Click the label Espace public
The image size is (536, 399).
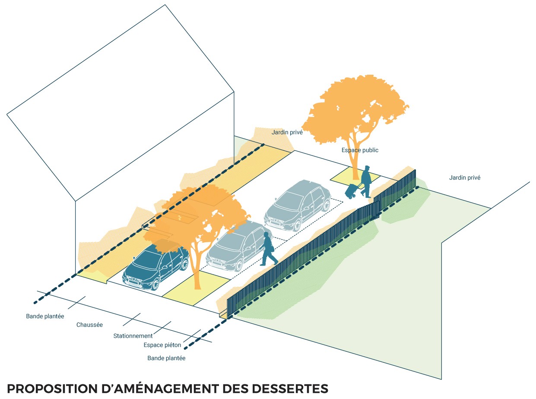click(x=360, y=150)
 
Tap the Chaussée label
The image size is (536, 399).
click(x=89, y=325)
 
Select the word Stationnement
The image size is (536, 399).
click(x=133, y=336)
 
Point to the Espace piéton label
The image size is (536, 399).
click(x=162, y=345)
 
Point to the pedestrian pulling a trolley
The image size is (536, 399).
click(x=366, y=181)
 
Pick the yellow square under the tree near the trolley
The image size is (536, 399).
click(x=355, y=177)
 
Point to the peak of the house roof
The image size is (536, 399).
click(x=165, y=6)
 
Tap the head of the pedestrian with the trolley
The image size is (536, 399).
click(x=367, y=168)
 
